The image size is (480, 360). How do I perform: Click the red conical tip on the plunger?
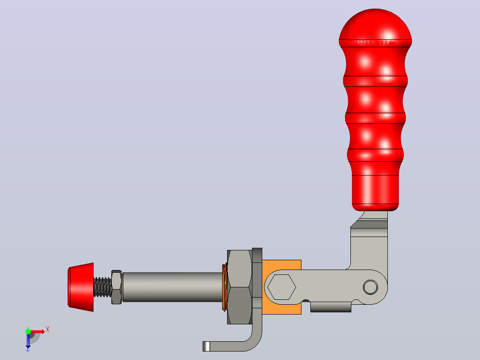[x=81, y=287]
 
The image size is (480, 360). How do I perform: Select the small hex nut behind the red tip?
[x=116, y=287]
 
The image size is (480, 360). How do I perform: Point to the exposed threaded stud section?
[x=102, y=287]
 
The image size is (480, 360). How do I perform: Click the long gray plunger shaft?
[x=172, y=287]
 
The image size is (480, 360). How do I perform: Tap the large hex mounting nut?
[x=240, y=287]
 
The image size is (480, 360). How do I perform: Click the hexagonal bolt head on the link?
[x=281, y=287]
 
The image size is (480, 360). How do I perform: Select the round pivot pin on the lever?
[x=370, y=287]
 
